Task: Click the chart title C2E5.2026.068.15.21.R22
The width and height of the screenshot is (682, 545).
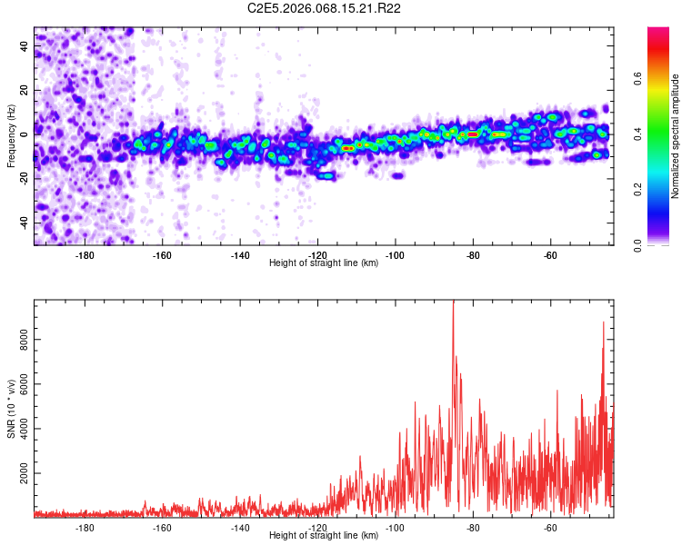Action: pyautogui.click(x=325, y=8)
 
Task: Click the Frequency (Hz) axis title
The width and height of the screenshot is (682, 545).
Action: pyautogui.click(x=11, y=136)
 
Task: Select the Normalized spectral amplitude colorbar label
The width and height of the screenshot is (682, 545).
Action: pyautogui.click(x=676, y=136)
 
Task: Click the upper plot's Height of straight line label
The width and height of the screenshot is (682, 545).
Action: pyautogui.click(x=325, y=263)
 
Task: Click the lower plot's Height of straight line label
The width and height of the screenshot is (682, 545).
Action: pyautogui.click(x=325, y=535)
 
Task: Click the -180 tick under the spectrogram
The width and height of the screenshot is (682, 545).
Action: pyautogui.click(x=85, y=255)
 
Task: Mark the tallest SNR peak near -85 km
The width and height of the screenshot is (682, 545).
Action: pyautogui.click(x=453, y=303)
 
